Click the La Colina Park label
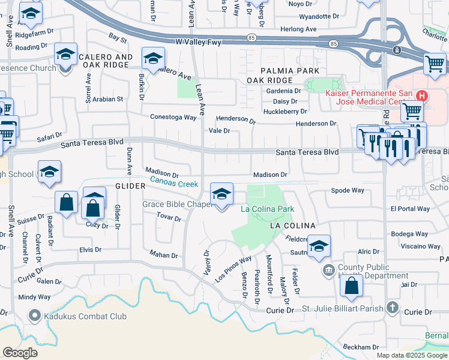(x=267, y=209)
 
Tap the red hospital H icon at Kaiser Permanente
(x=422, y=95)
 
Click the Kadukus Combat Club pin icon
(x=35, y=315)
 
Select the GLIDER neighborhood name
(x=127, y=187)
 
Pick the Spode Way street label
(x=348, y=190)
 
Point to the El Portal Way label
(x=410, y=209)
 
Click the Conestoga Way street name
(x=173, y=118)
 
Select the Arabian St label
(x=107, y=99)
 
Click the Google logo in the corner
(x=20, y=352)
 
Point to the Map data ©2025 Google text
(x=412, y=355)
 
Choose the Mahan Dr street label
(x=164, y=255)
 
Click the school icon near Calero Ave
(x=153, y=59)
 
